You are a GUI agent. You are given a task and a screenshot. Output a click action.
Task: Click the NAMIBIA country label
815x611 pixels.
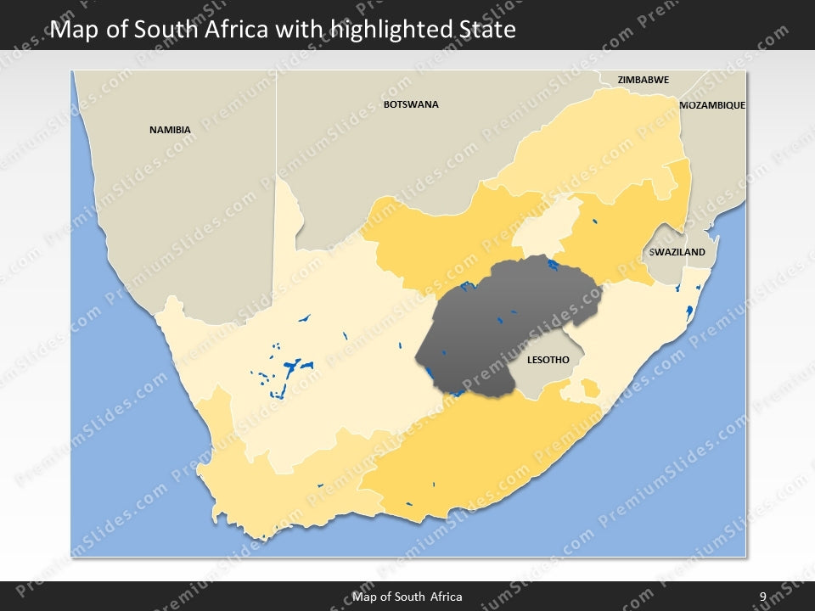(x=170, y=130)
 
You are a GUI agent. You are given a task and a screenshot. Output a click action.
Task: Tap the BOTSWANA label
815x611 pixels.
(x=411, y=104)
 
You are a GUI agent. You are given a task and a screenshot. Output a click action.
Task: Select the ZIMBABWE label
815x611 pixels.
(x=643, y=80)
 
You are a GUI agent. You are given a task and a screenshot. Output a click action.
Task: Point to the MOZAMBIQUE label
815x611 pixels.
(x=712, y=105)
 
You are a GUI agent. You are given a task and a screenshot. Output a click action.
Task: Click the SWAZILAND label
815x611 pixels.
(x=677, y=253)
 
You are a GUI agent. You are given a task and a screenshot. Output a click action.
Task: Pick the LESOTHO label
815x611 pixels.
(x=548, y=360)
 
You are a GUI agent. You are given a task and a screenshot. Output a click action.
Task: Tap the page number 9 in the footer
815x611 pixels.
(x=762, y=597)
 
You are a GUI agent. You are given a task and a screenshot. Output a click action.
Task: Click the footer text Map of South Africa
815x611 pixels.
(x=407, y=597)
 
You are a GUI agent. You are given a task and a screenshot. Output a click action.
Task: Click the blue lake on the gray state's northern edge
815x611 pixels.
(x=554, y=265)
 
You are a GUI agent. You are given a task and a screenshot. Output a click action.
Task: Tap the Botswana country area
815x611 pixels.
(x=382, y=153)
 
